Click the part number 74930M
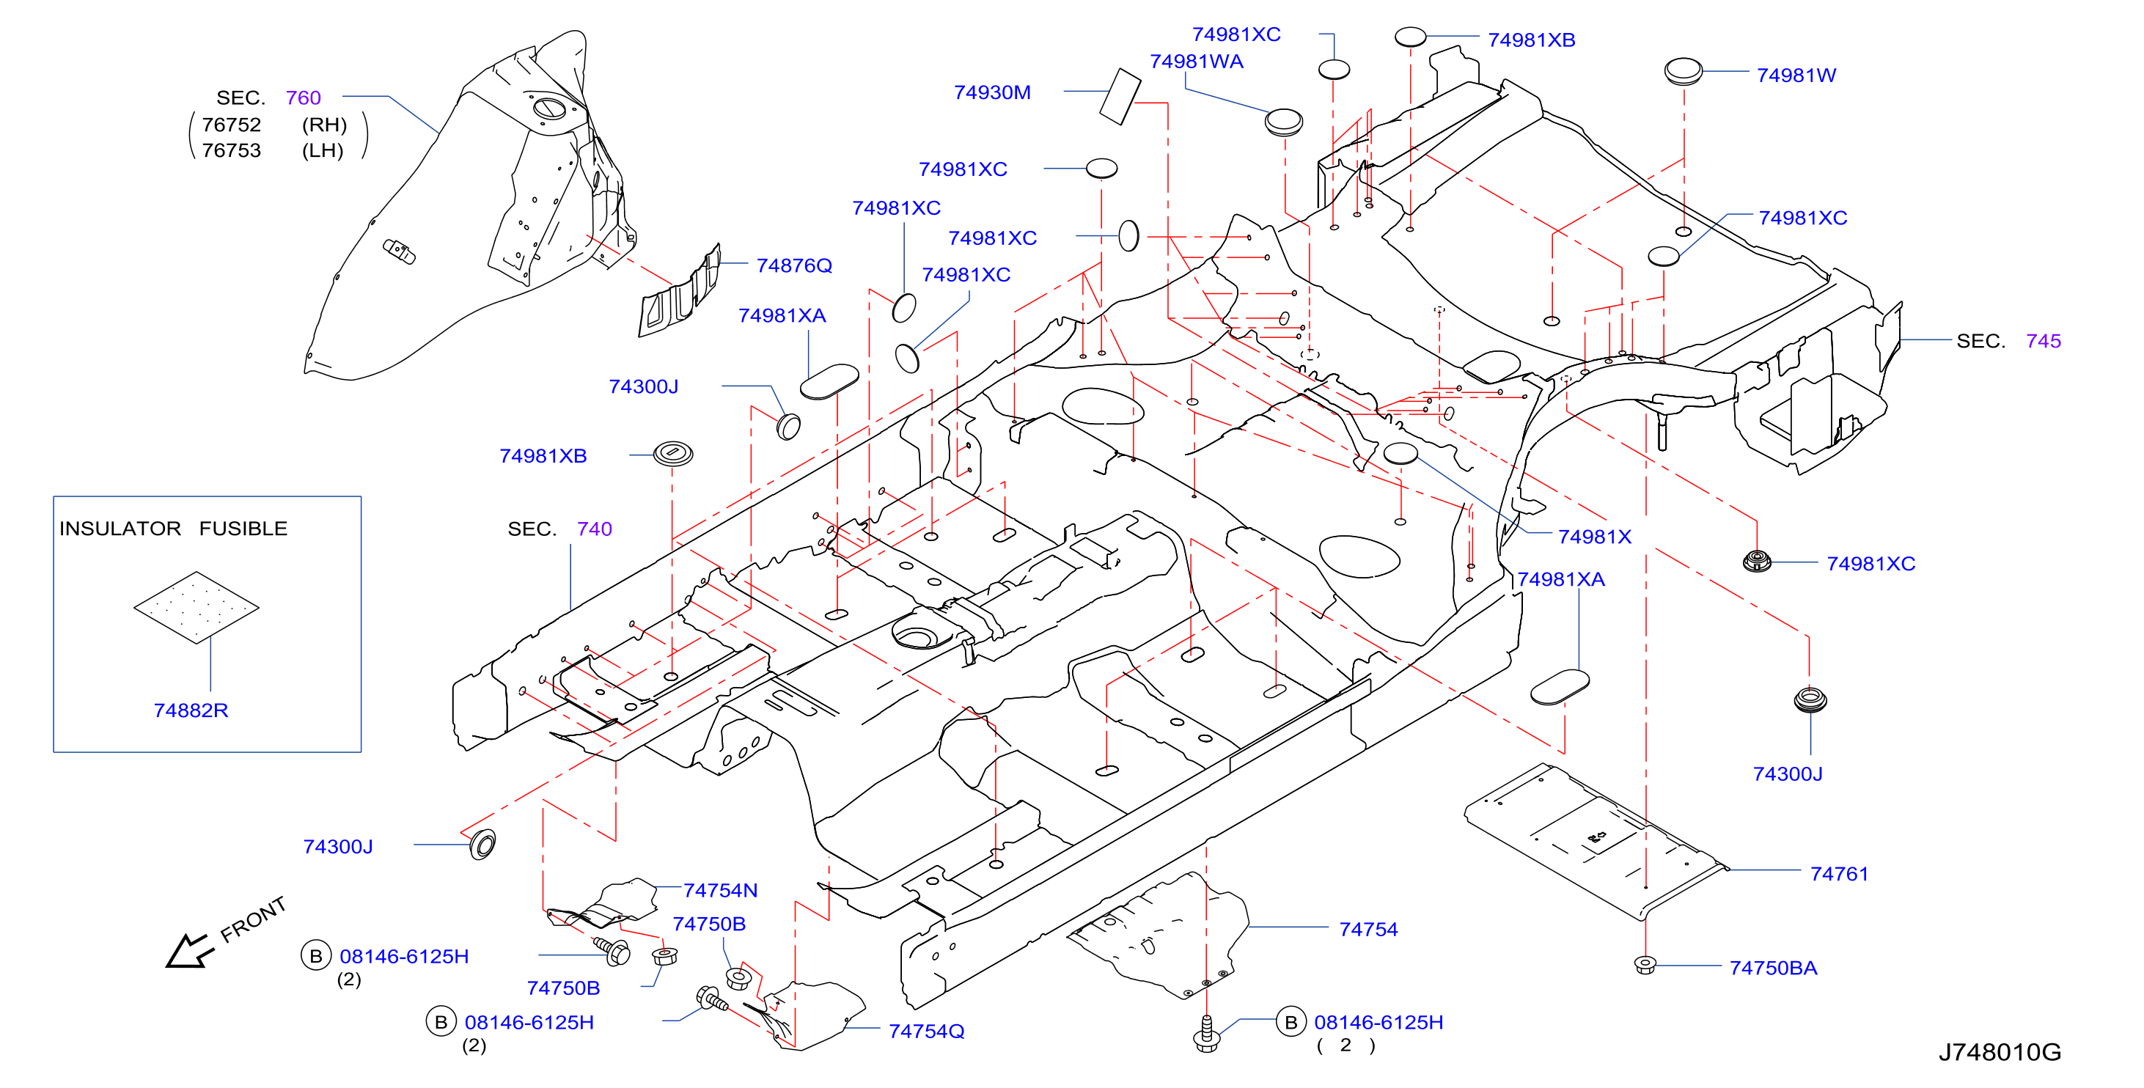coord(991,92)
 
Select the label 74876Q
coord(793,265)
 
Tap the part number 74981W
coord(1795,76)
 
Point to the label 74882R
coord(191,710)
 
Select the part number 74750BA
coord(1773,968)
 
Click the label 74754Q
coord(925,1032)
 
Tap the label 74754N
coord(720,891)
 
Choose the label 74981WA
coord(1196,62)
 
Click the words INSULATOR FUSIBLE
coord(173,529)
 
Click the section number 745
coord(2043,342)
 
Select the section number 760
coord(303,98)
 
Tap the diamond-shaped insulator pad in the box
coord(197,607)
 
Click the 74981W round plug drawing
coord(1683,72)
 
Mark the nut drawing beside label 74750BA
coord(1645,965)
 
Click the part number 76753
coord(232,151)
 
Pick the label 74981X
coord(1594,537)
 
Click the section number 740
coord(594,529)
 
